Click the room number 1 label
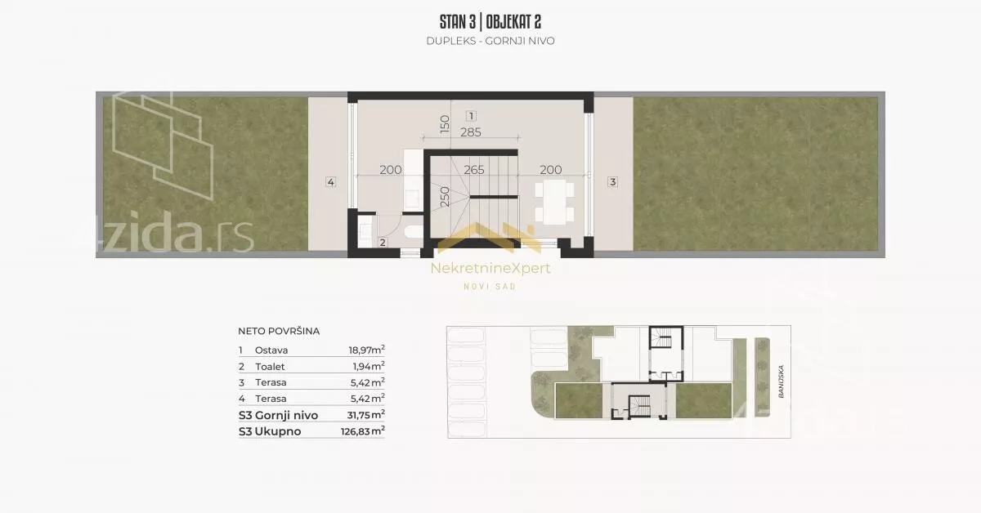(471, 116)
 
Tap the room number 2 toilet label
(383, 243)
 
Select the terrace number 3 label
(612, 181)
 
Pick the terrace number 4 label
(330, 181)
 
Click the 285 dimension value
(471, 132)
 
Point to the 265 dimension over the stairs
(474, 170)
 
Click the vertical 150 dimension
(445, 124)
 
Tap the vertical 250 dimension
(445, 197)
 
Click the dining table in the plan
(554, 202)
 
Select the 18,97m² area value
(366, 350)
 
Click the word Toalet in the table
(270, 366)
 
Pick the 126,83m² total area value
(363, 431)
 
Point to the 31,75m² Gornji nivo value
(365, 415)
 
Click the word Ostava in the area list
(271, 350)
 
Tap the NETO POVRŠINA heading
(279, 332)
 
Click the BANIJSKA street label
(781, 381)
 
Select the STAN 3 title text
(458, 22)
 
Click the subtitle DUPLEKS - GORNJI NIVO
(490, 41)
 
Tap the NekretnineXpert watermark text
(490, 268)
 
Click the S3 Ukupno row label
(270, 431)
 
